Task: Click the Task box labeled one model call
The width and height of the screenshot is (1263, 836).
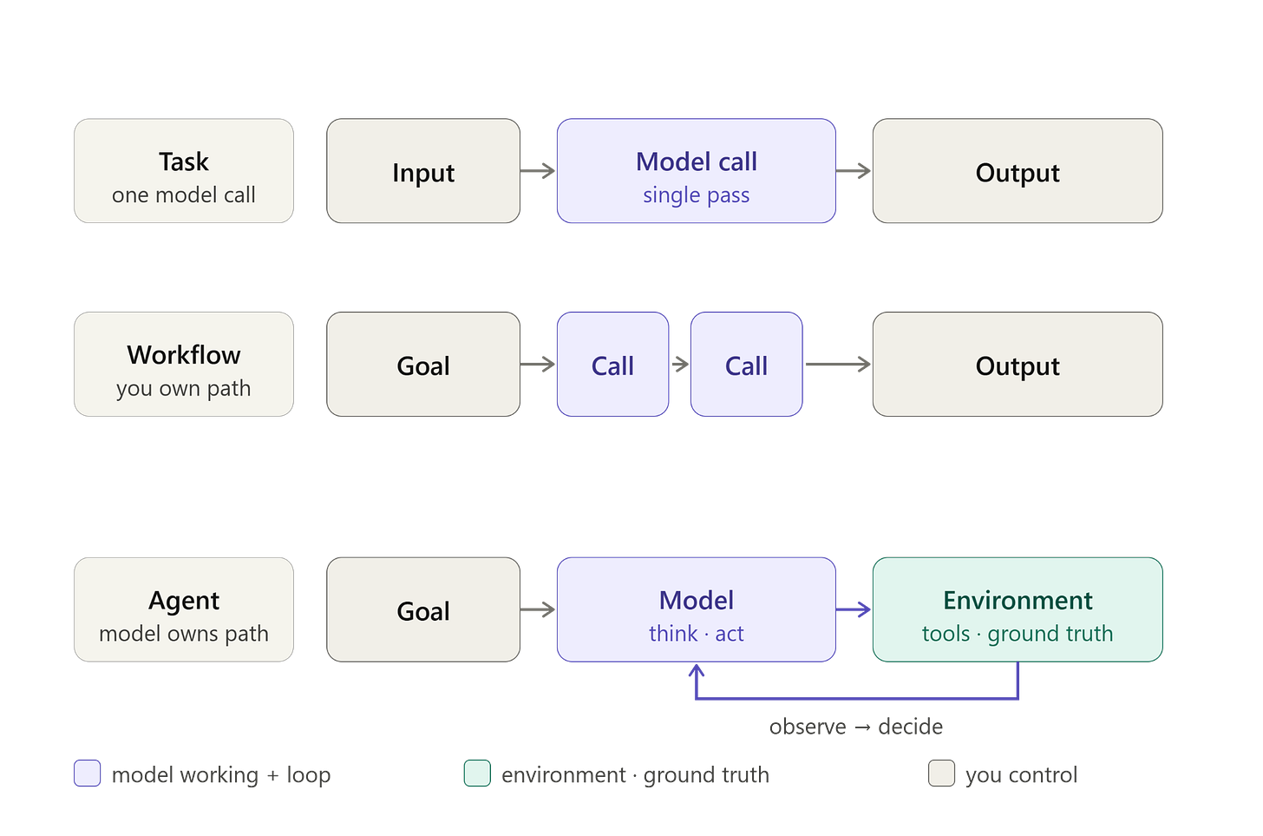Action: coord(184,171)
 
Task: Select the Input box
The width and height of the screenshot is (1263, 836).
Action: coord(423,171)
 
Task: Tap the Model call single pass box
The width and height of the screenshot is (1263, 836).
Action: coord(697,171)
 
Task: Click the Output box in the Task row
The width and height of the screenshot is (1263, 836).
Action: coord(1018,171)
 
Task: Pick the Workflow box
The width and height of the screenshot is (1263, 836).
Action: coord(184,365)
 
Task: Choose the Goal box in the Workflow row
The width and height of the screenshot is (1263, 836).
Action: coord(423,365)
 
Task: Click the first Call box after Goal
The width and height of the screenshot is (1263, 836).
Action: coord(613,365)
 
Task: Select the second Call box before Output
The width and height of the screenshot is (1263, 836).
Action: coord(747,365)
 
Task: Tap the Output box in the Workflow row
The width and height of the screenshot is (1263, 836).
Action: coord(1018,365)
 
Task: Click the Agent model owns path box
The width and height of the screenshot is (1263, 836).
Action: coord(184,609)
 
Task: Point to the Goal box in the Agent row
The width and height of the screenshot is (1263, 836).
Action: coord(423,609)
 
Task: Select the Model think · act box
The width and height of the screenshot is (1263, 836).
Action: coord(697,609)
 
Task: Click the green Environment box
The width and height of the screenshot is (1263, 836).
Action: coord(1018,609)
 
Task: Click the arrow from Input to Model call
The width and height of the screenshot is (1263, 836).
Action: coord(538,171)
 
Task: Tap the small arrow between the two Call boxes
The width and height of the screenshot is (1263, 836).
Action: coord(681,365)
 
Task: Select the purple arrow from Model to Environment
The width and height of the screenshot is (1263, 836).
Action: coord(854,609)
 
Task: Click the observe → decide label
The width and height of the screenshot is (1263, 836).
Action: coord(856,727)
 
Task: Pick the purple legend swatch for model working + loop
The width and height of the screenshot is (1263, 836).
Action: coord(88,773)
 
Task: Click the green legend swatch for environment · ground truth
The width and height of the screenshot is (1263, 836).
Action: coord(477,773)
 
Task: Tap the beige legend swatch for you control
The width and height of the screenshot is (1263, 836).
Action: coord(942,773)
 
